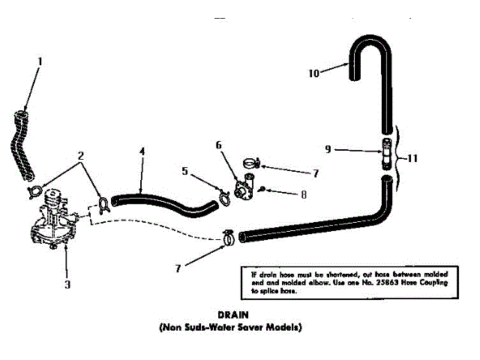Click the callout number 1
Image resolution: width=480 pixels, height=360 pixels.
point(40,61)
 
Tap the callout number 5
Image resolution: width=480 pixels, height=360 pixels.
point(185,170)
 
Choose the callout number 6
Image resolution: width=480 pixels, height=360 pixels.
point(218,144)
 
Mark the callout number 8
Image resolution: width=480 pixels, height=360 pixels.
point(303,195)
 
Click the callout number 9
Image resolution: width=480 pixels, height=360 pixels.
point(328,148)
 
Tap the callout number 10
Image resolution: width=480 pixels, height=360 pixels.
point(314,73)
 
